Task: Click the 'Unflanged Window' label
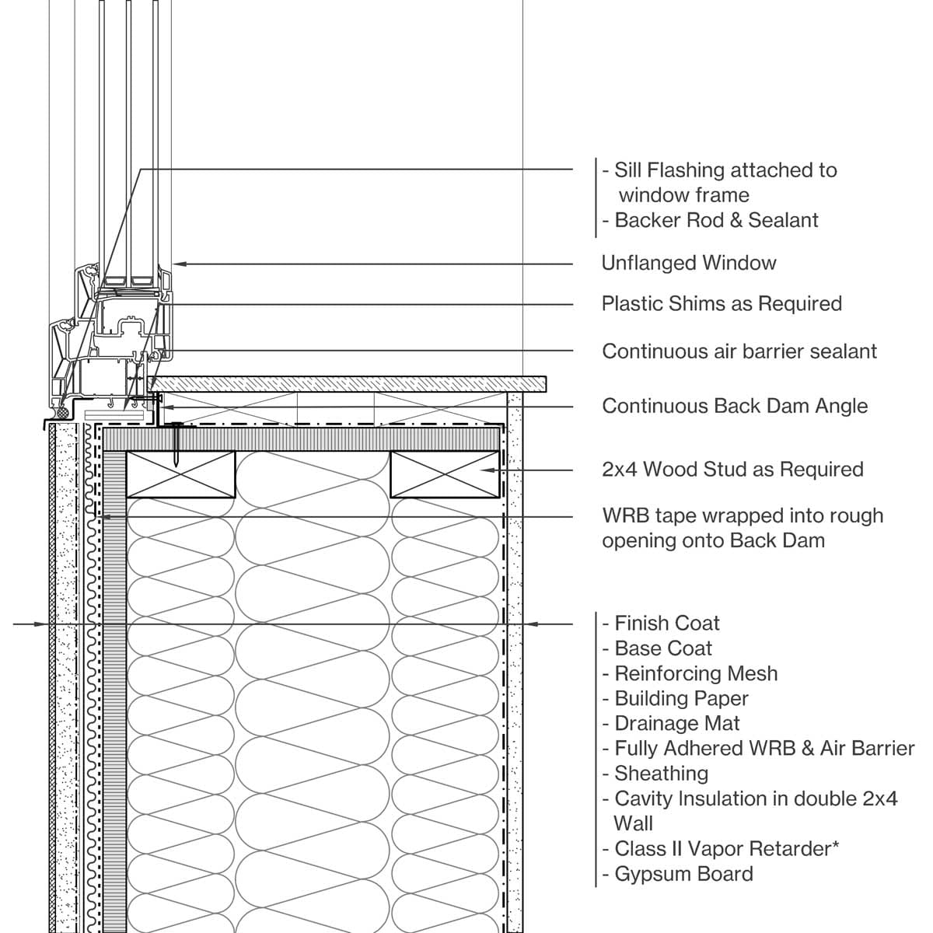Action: tap(689, 263)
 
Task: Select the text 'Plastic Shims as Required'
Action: tap(722, 303)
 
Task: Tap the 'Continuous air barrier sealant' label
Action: tap(739, 351)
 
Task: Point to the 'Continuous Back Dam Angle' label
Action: tap(735, 406)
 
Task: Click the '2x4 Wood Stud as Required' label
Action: tap(732, 470)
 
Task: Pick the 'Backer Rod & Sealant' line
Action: tap(716, 220)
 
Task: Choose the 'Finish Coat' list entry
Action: tap(667, 624)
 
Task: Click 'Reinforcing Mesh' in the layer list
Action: tap(696, 673)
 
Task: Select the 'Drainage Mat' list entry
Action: tap(677, 723)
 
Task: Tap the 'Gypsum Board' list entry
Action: tap(683, 874)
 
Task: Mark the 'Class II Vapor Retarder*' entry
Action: tap(727, 849)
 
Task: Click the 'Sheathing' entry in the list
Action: tap(661, 774)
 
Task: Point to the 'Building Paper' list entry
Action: tap(681, 698)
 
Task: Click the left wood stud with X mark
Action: tap(180, 473)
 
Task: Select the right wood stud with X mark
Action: tap(445, 473)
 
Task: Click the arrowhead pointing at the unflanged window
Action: tap(178, 264)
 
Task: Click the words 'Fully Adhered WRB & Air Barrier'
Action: tap(764, 749)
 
